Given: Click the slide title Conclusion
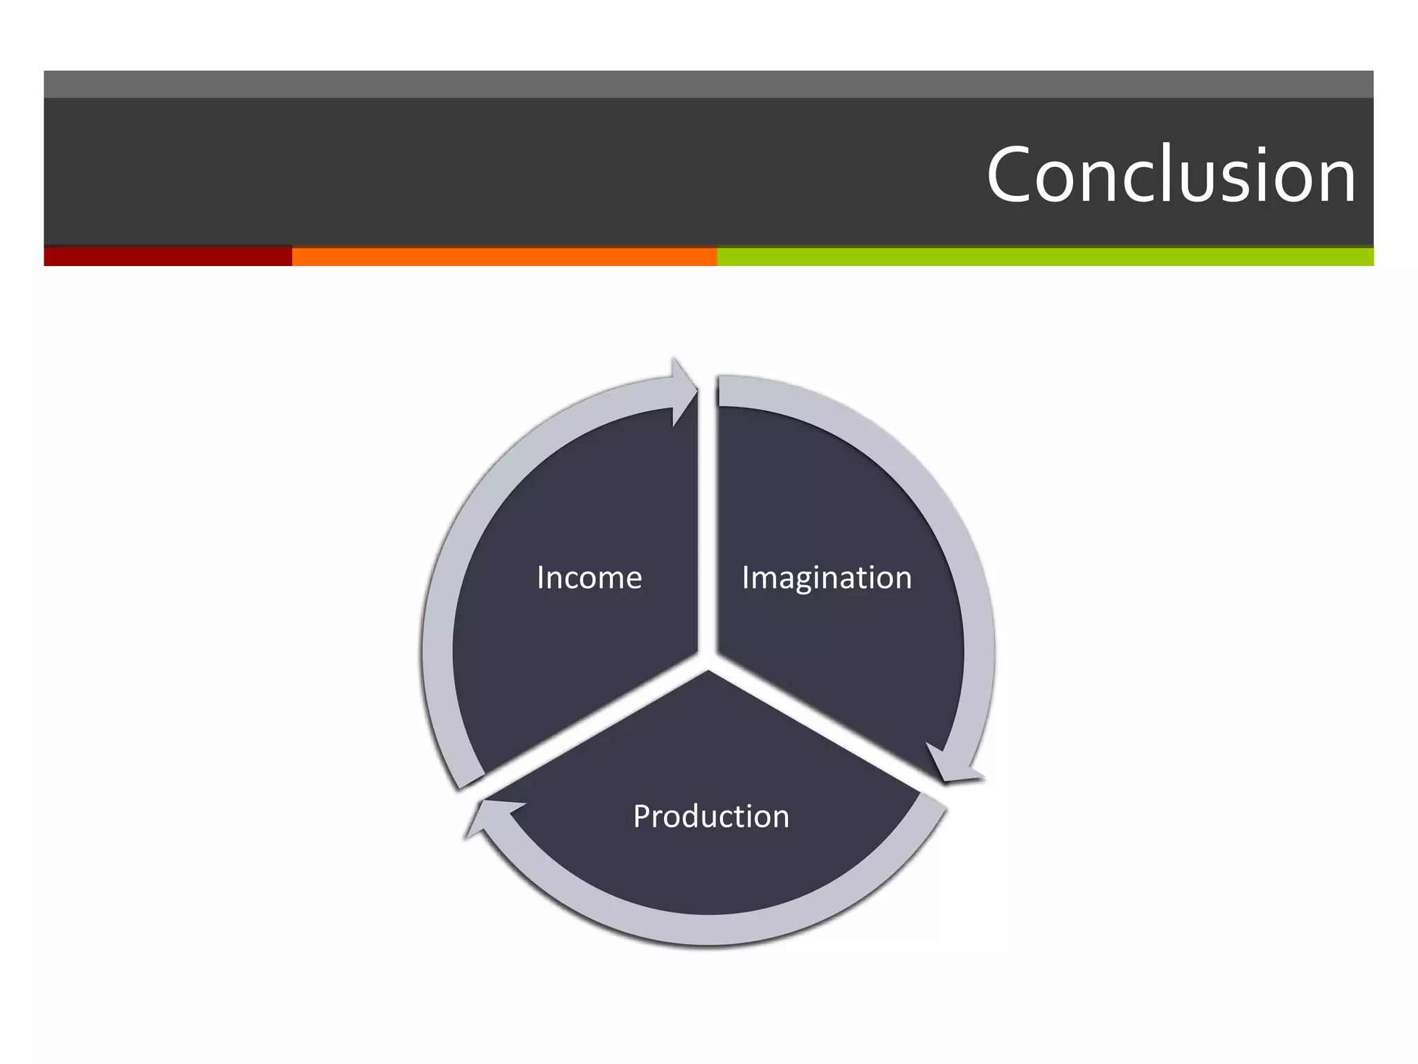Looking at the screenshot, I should point(1170,175).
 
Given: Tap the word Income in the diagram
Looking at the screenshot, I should point(589,578).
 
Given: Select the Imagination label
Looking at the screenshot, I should point(827,578).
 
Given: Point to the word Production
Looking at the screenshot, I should point(711,817).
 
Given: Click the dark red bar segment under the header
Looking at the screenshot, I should point(168,256).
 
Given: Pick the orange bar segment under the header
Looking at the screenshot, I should point(504,256).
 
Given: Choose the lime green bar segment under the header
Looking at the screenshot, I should point(1045,256).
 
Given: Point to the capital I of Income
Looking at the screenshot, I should point(541,578).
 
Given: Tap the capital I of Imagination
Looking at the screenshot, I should point(746,578).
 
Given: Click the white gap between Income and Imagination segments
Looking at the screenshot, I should point(708,526).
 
